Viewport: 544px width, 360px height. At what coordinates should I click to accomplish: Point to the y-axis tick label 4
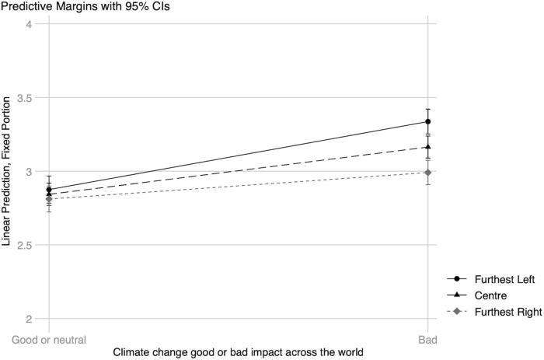(28, 24)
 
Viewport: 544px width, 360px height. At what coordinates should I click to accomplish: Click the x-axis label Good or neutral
(48, 340)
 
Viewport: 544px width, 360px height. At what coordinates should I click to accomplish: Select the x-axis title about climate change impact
(238, 353)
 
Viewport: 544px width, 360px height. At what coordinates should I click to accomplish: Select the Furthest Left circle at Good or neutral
(48, 190)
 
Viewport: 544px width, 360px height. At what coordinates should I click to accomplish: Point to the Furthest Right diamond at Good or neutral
(48, 199)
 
